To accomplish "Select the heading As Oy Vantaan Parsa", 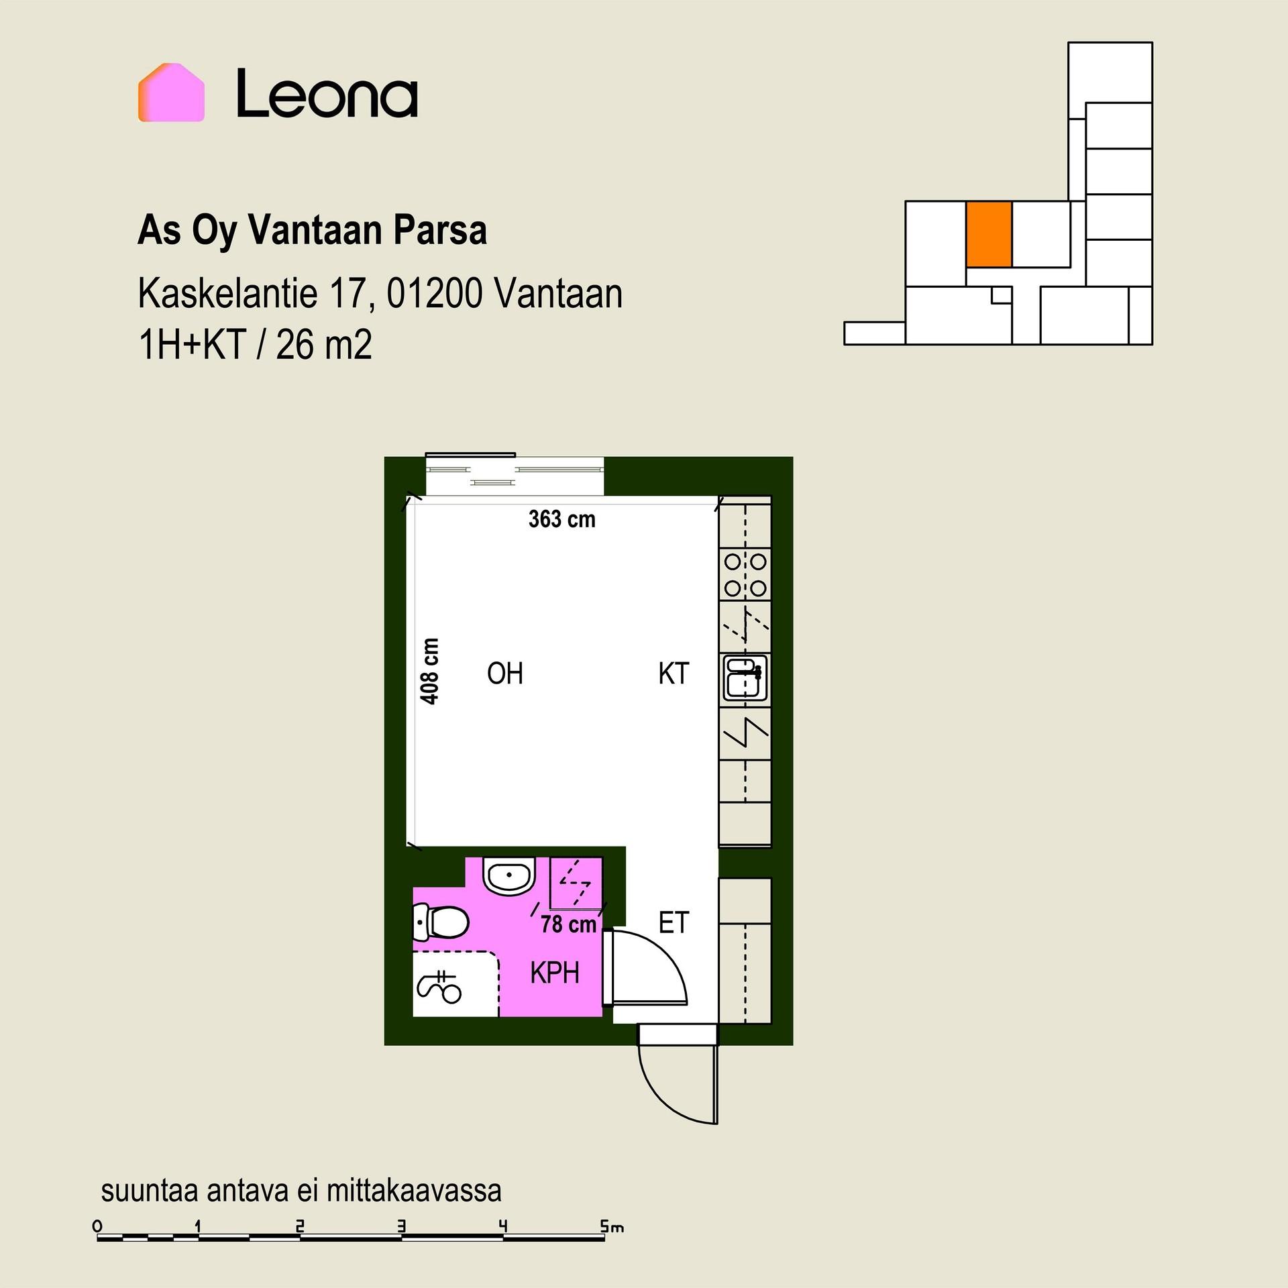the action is pyautogui.click(x=312, y=231).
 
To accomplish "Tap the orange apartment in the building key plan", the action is pyautogui.click(x=989, y=234).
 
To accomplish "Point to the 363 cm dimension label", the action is pyautogui.click(x=561, y=519).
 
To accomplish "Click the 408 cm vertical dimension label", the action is pyautogui.click(x=429, y=671).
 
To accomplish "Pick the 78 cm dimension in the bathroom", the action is pyautogui.click(x=568, y=924).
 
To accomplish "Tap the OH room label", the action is pyautogui.click(x=505, y=674).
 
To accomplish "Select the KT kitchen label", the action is pyautogui.click(x=674, y=674).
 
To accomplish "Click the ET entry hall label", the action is pyautogui.click(x=674, y=923).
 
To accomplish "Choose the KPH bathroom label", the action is pyautogui.click(x=555, y=973).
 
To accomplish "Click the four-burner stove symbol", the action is pyautogui.click(x=745, y=575).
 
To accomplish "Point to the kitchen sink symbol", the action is pyautogui.click(x=745, y=678).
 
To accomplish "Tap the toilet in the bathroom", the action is pyautogui.click(x=440, y=922).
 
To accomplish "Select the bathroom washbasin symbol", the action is pyautogui.click(x=509, y=875).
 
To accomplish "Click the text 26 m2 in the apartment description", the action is pyautogui.click(x=324, y=345).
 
